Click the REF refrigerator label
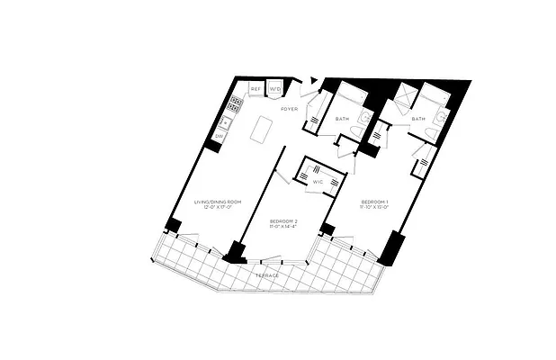pos(256,89)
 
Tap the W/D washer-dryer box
pos(275,89)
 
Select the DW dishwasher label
pos(219,136)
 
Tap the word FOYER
pos(289,109)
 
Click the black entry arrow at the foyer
pos(312,81)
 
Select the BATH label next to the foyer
pos(342,119)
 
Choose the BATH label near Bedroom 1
pos(418,119)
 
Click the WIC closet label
pos(318,183)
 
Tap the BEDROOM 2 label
pos(283,220)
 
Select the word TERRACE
pos(266,274)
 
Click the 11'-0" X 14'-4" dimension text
pos(283,227)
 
